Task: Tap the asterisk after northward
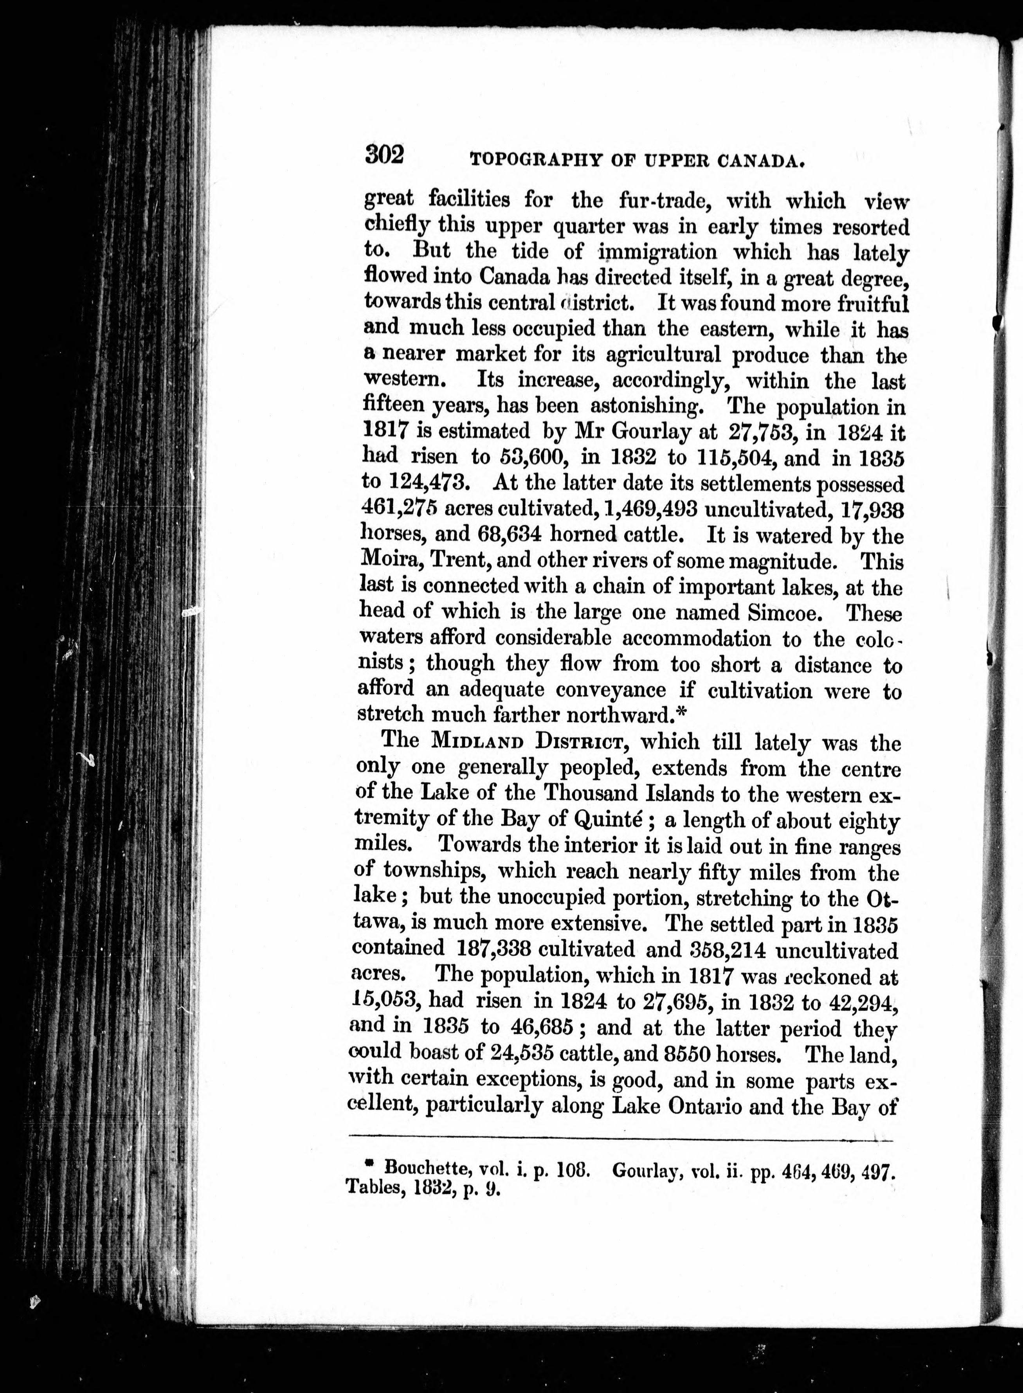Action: pos(682,714)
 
